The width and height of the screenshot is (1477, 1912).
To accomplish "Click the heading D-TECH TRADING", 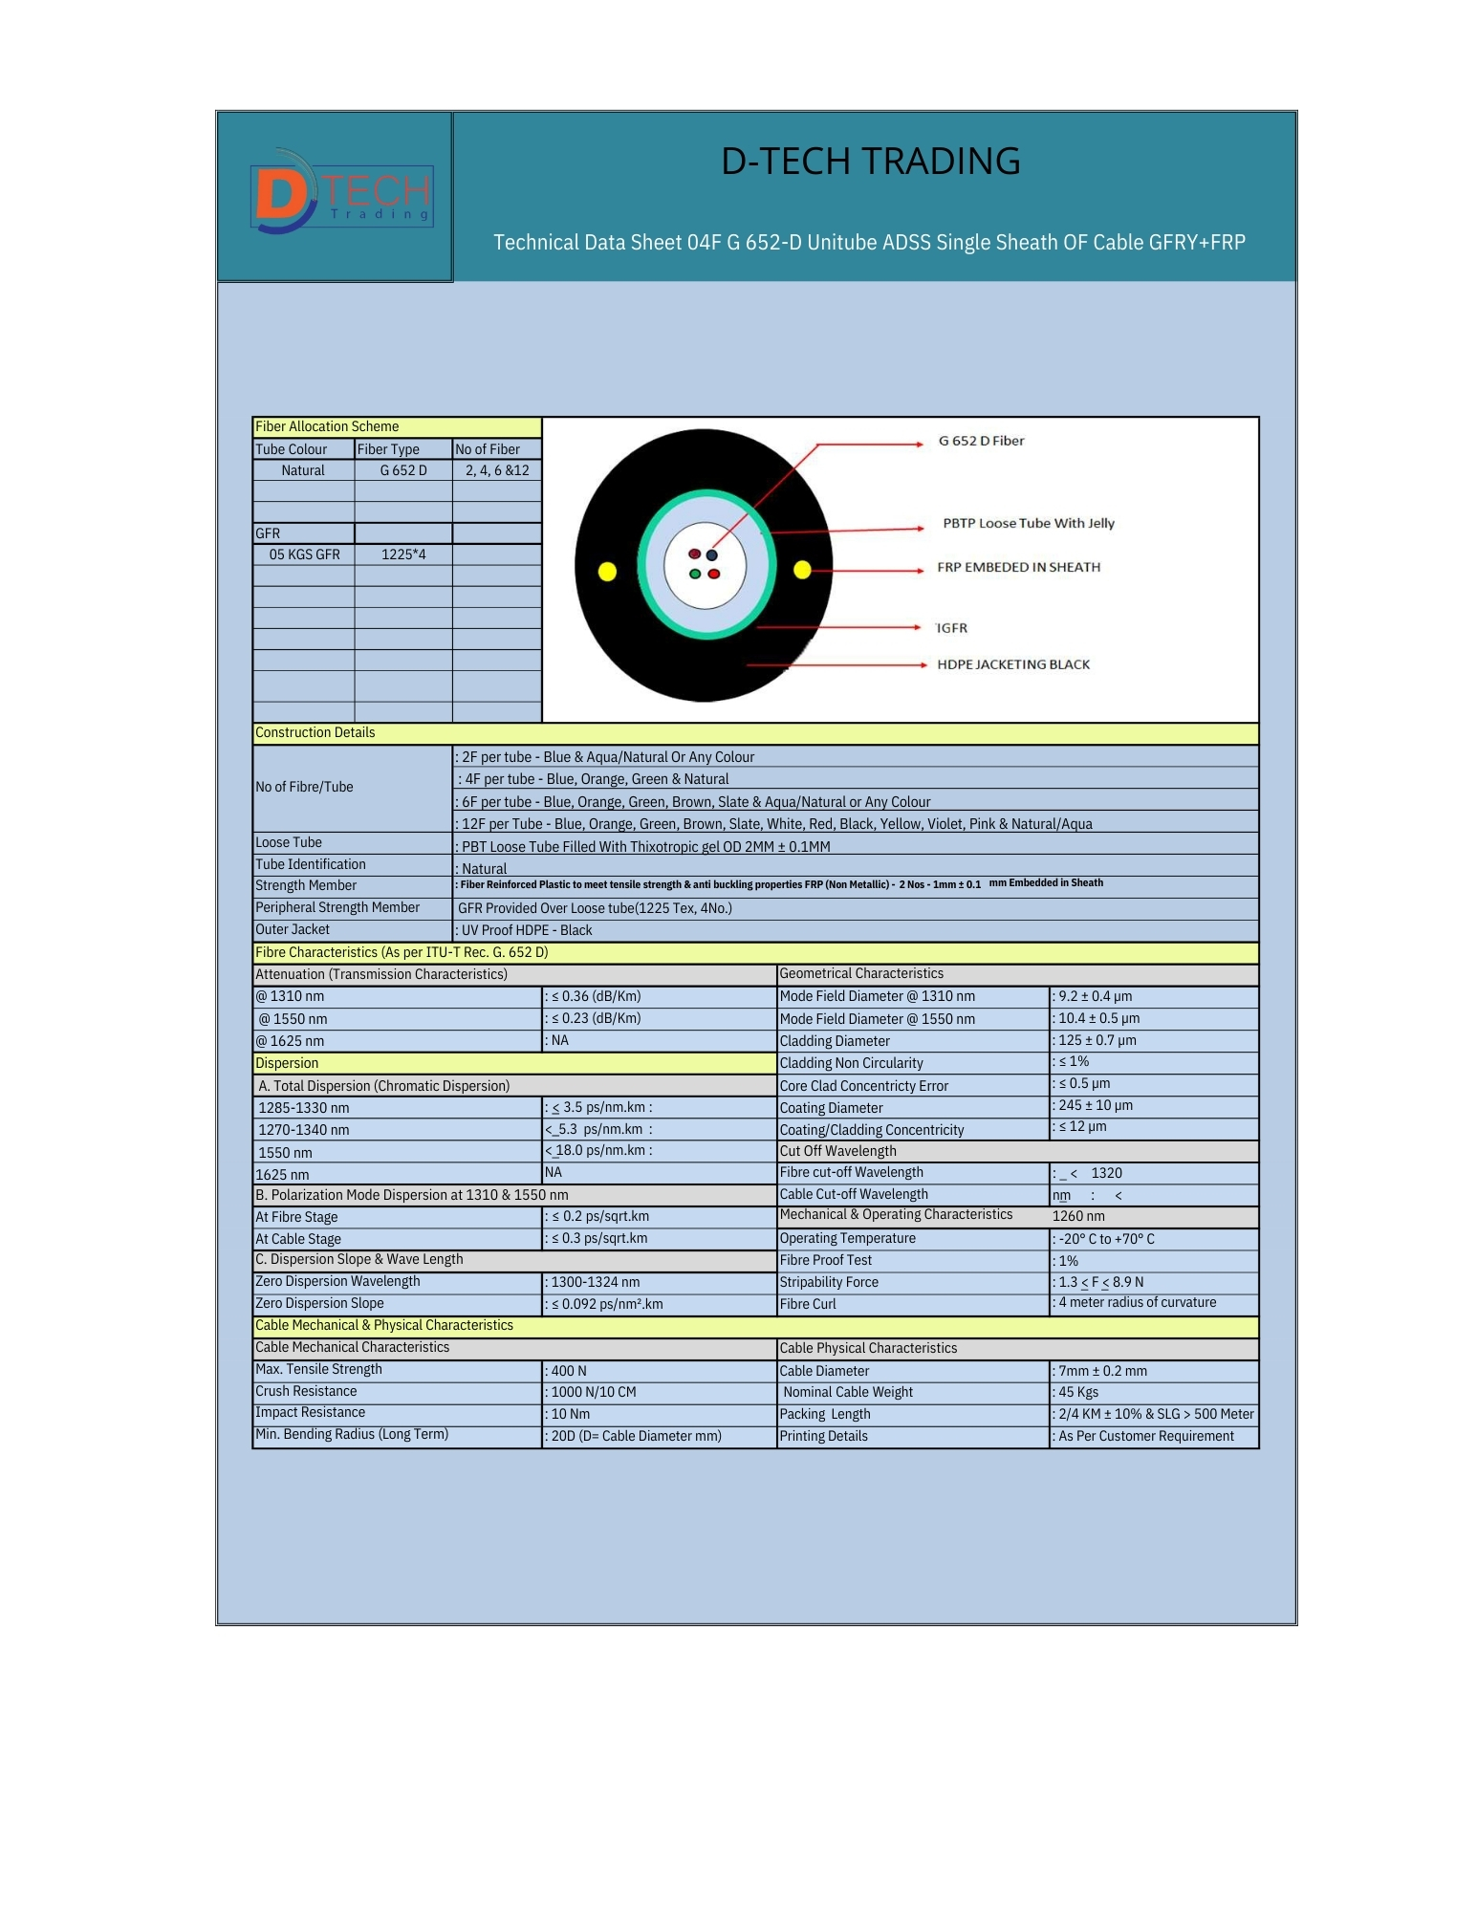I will coord(870,162).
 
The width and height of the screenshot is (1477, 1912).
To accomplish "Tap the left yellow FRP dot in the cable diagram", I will coord(607,572).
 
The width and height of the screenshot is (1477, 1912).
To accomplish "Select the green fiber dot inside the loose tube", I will coord(696,574).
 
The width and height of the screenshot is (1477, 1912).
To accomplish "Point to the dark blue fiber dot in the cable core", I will coord(712,555).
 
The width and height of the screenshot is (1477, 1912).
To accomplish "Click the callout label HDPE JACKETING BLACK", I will coord(1013,664).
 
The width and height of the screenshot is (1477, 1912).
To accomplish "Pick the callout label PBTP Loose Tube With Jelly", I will coord(1029,523).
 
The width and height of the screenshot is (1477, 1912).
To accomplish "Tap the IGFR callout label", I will coord(952,628).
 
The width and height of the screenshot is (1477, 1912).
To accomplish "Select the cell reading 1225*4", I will coord(403,554).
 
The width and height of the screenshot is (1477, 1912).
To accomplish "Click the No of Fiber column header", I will coord(488,449).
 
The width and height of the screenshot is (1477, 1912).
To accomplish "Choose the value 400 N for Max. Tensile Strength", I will coord(569,1371).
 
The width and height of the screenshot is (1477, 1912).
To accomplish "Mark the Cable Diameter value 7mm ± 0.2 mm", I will coord(1102,1371).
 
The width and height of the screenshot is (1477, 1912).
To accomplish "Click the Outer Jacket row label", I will coord(293,929).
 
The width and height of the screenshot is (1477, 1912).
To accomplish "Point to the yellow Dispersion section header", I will coord(287,1063).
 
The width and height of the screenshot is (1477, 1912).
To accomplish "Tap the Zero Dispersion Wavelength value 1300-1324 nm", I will coord(595,1282).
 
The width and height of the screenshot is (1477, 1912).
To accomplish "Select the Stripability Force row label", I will coord(829,1282).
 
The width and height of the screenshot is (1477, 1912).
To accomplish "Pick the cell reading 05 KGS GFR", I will coord(304,554).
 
